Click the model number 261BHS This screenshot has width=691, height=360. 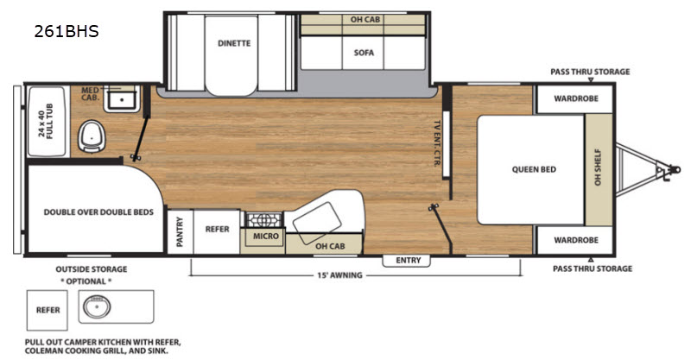coord(67,31)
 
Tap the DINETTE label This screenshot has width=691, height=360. coord(234,43)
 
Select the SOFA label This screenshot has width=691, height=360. coord(364,53)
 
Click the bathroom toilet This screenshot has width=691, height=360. coord(92,136)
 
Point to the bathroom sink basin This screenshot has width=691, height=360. coord(122,99)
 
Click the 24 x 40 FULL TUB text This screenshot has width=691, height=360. coord(46,121)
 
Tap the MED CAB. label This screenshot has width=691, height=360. coord(90,93)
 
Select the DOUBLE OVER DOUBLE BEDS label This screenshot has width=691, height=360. coord(98,212)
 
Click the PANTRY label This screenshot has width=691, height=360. coord(180,231)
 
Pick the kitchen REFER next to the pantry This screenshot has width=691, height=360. coord(218,229)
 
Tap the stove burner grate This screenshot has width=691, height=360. coord(263,219)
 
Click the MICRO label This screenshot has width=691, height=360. coord(266,237)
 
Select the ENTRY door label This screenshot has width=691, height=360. coord(408,261)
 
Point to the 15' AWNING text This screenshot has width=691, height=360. coord(339,275)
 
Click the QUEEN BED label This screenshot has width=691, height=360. coord(534,170)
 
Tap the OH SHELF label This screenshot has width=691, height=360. coord(598,167)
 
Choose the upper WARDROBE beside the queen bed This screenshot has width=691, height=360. coord(576,98)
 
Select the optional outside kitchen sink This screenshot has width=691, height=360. coord(97,306)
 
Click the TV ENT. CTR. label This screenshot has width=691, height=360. coord(437,143)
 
